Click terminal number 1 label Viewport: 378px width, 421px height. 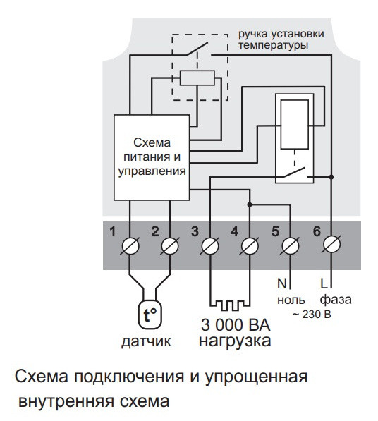coord(112,231)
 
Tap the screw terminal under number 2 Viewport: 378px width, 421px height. coord(169,247)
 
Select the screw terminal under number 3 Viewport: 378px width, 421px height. coord(209,247)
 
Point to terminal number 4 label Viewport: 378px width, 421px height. coord(234,231)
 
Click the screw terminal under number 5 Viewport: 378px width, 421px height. coord(289,247)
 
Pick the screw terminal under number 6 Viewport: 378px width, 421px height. coord(329,247)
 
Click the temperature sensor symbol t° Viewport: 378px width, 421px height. coord(149,317)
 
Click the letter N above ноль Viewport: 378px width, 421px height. coord(281,286)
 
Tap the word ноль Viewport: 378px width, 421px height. coord(290,300)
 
